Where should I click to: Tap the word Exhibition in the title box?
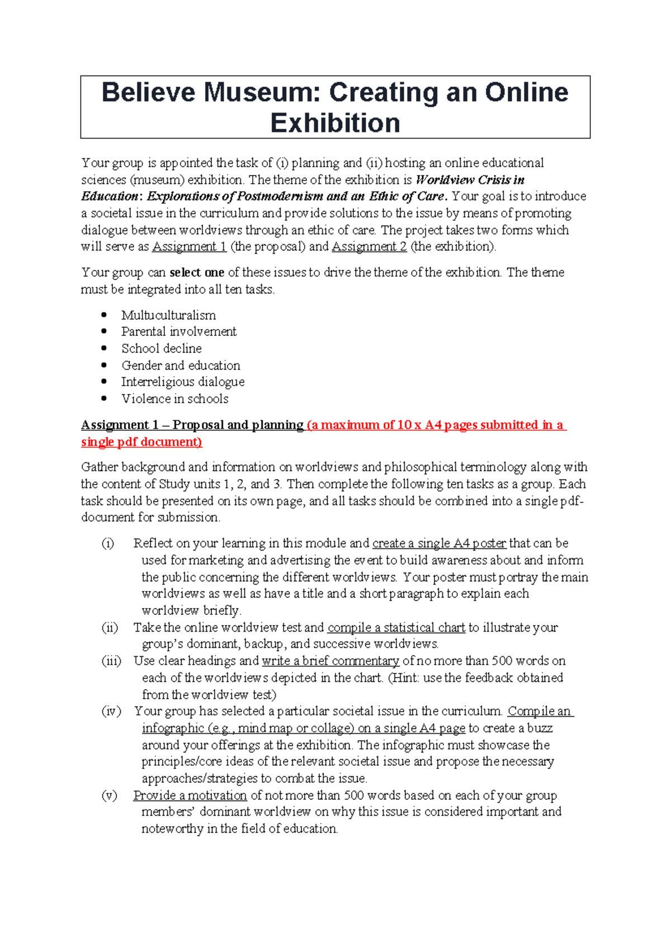coord(335,124)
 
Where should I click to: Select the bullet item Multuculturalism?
coord(168,315)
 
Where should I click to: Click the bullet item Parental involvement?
coord(179,331)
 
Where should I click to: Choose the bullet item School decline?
coord(162,348)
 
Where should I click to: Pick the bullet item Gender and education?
coord(181,366)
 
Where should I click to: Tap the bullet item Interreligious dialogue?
coord(183,382)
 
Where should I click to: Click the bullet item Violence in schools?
coord(175,399)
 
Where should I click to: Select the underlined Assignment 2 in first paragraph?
coord(369,247)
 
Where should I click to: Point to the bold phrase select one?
coord(197,273)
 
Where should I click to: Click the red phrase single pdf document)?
coord(141,442)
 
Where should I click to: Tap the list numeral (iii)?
coord(111,661)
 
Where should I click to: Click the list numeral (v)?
coord(109,795)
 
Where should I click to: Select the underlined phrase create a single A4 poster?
coord(439,543)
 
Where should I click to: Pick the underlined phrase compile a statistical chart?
coord(396,628)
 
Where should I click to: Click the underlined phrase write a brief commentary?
coord(330,661)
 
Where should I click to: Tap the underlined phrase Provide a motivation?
coord(190,795)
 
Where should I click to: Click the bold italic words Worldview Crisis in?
coord(470,180)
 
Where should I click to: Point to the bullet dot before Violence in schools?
coord(104,399)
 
